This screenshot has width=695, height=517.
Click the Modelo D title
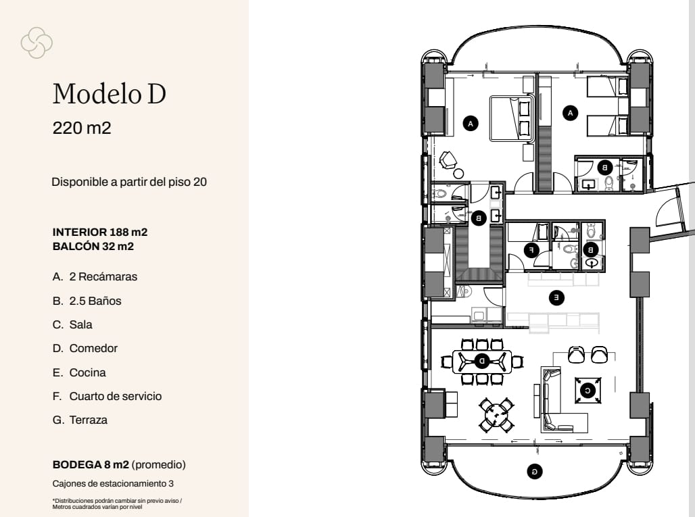tap(109, 94)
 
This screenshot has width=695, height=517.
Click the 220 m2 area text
tap(81, 128)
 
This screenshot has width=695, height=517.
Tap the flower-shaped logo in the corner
tap(37, 42)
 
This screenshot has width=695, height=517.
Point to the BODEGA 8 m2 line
tap(118, 465)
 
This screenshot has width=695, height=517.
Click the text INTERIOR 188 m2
tap(99, 232)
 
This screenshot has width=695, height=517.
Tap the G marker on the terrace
tap(534, 471)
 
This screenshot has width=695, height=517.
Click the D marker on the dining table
tap(482, 362)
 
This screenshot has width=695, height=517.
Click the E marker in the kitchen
tap(555, 297)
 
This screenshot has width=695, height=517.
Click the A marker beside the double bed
tap(471, 123)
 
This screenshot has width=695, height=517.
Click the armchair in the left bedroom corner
tap(448, 160)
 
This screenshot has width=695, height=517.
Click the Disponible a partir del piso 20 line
tap(129, 182)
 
